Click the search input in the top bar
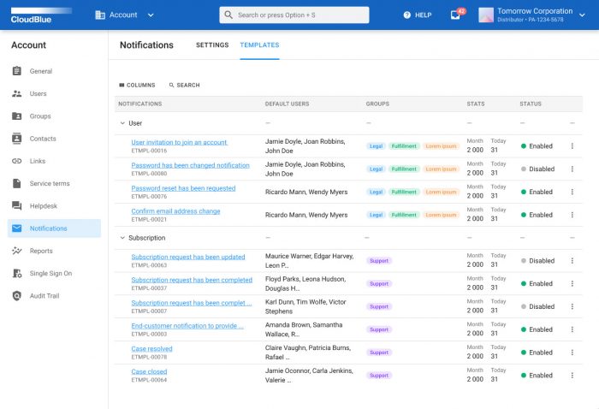pyautogui.click(x=294, y=15)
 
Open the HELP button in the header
pyautogui.click(x=418, y=15)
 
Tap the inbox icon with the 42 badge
pyautogui.click(x=455, y=15)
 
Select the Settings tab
pyautogui.click(x=212, y=45)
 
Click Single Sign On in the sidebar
pyautogui.click(x=50, y=274)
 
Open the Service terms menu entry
pyautogui.click(x=50, y=184)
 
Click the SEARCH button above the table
pyautogui.click(x=184, y=86)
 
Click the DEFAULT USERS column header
pyautogui.click(x=287, y=104)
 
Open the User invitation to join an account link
pyautogui.click(x=179, y=142)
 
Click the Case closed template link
pyautogui.click(x=149, y=371)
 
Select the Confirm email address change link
pyautogui.click(x=175, y=211)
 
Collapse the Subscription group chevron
pyautogui.click(x=122, y=238)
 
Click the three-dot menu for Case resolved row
pyautogui.click(x=572, y=353)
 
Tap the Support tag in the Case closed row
pyautogui.click(x=378, y=376)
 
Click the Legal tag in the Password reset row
pyautogui.click(x=376, y=193)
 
